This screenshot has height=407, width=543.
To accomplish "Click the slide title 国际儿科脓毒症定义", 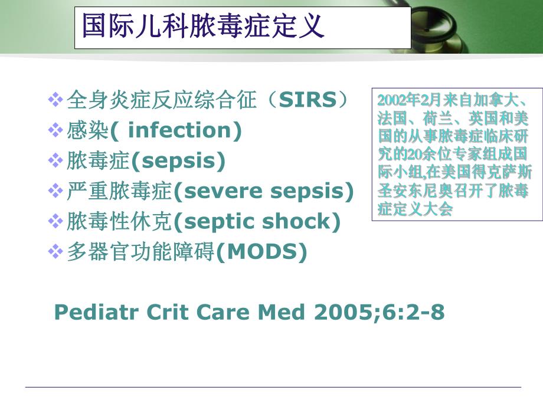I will tap(203, 27).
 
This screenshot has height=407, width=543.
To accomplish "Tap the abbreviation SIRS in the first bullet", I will tap(307, 100).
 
